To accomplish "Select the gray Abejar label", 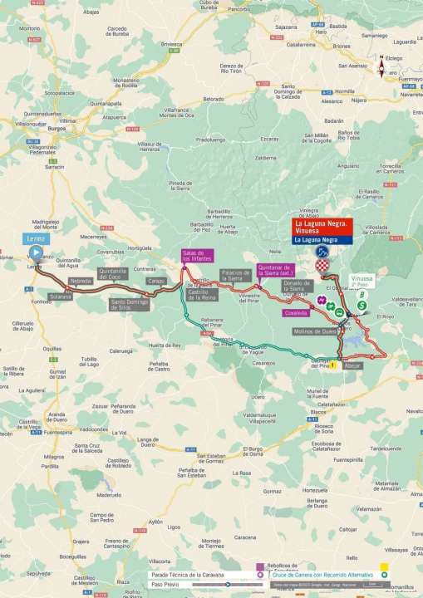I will pyautogui.click(x=353, y=365).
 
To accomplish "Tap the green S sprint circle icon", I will pyautogui.click(x=362, y=306).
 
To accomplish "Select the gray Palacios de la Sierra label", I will pyautogui.click(x=234, y=275).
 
